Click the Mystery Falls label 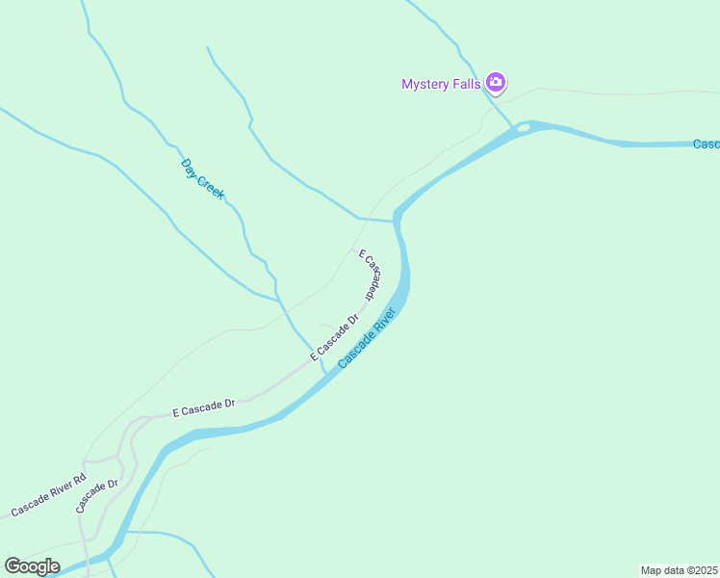442,84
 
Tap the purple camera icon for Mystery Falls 496,83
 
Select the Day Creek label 202,178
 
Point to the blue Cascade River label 368,337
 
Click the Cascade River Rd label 48,494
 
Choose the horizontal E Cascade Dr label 204,407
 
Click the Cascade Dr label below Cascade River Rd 97,495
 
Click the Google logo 32,566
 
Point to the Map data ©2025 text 680,570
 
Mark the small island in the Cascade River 523,127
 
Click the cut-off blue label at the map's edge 706,144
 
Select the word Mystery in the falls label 424,84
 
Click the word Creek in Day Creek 211,187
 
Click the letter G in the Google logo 13,565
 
